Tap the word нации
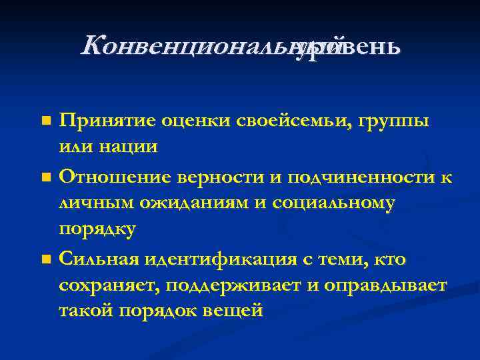(131, 147)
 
